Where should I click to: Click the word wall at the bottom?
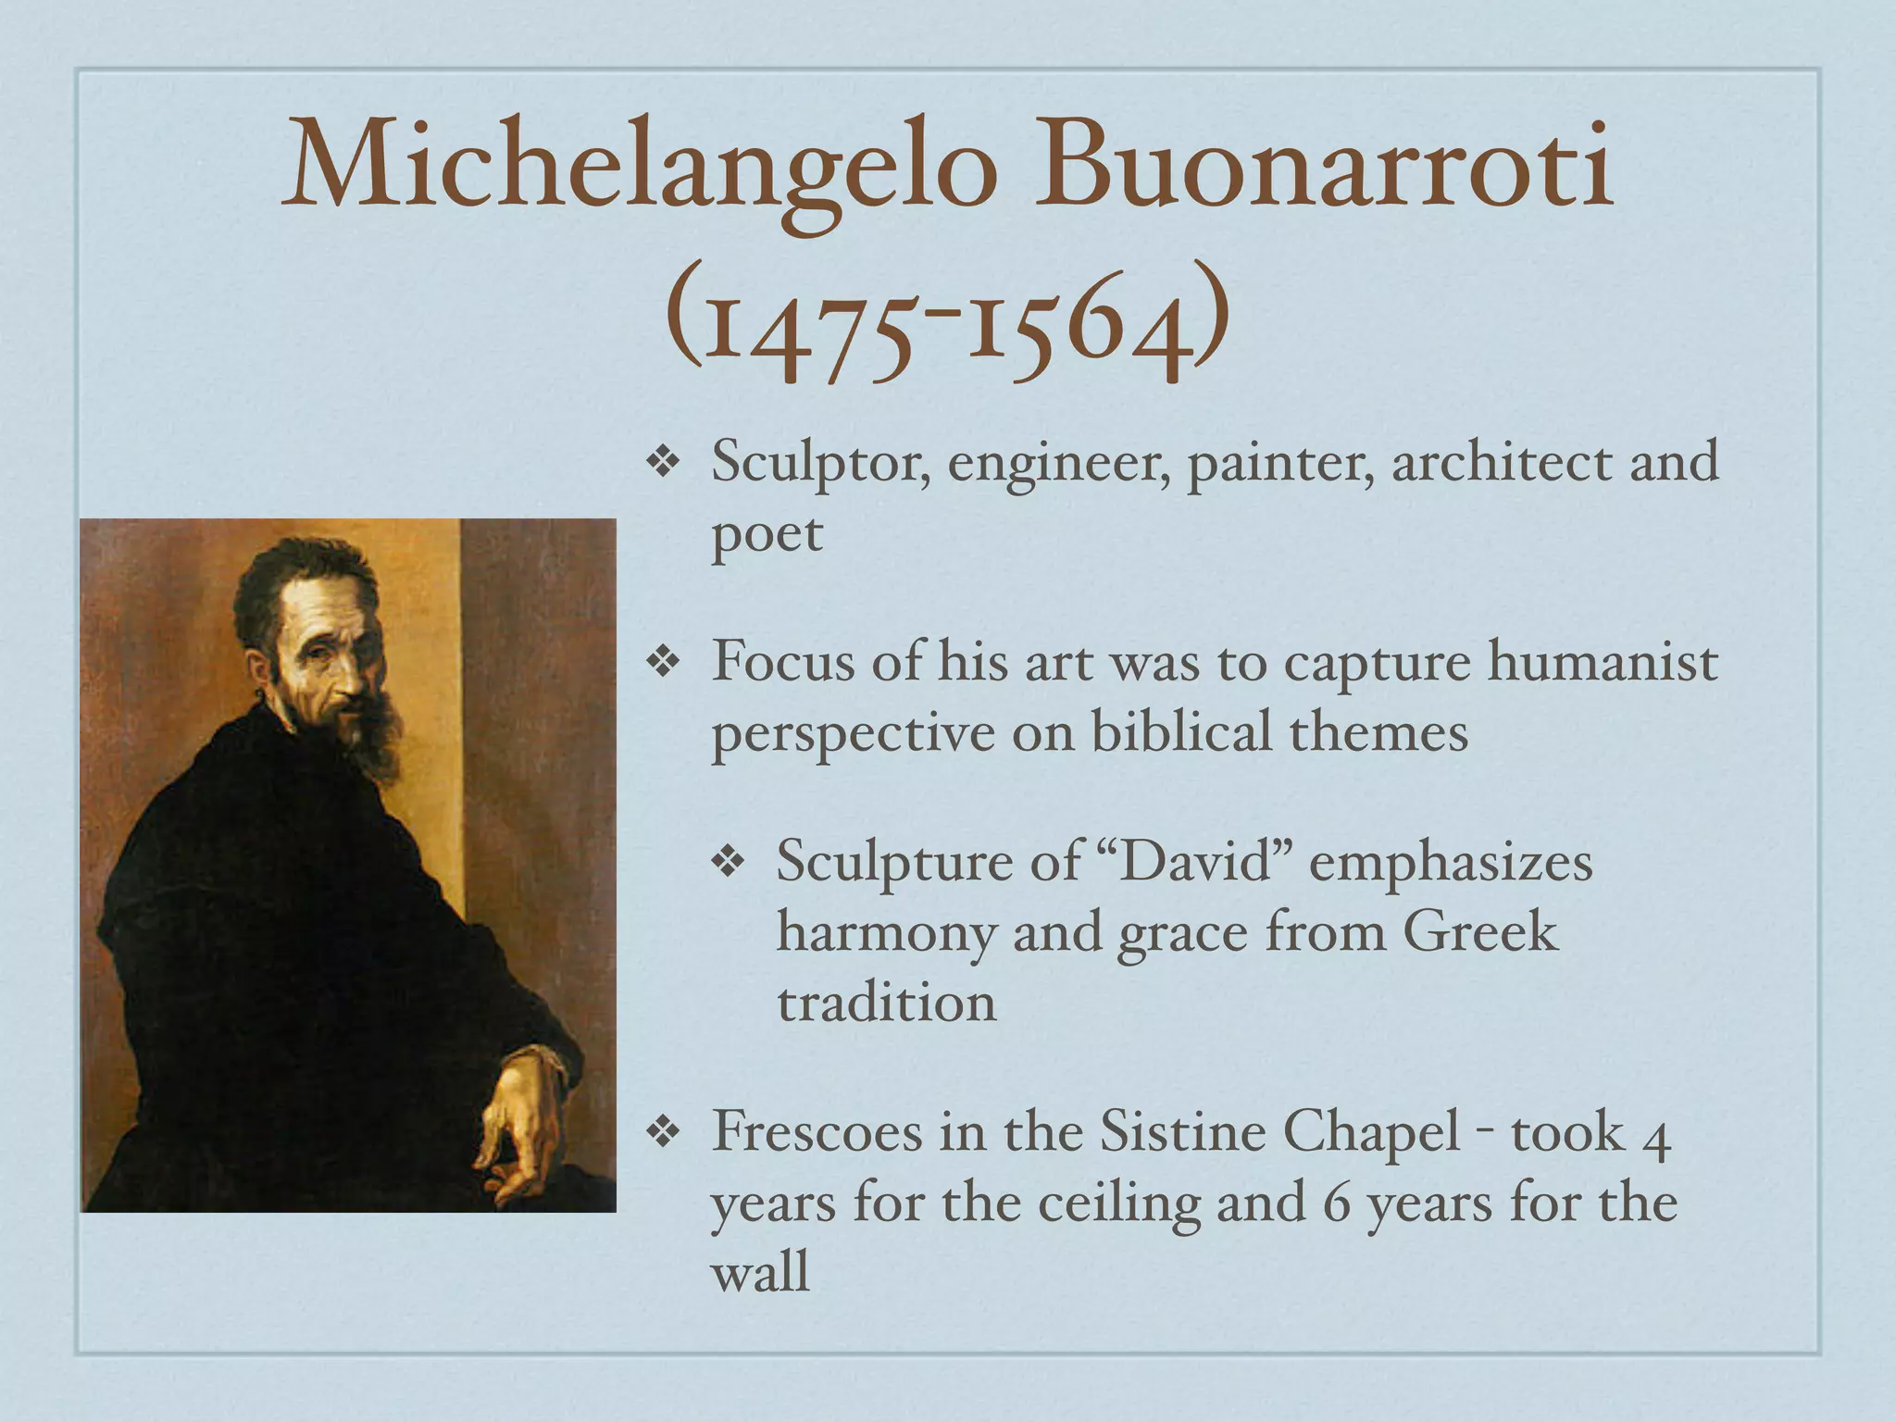(760, 1272)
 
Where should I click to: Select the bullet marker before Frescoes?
(664, 1131)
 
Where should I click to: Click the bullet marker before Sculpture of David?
(729, 862)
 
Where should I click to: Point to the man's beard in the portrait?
(375, 731)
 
